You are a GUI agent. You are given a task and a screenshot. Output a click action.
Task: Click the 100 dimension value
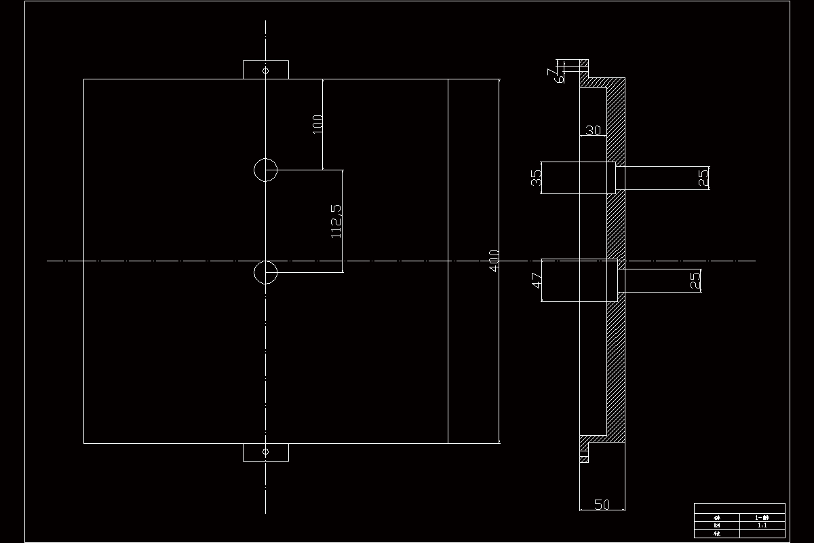pyautogui.click(x=317, y=124)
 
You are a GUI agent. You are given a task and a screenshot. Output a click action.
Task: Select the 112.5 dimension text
pyautogui.click(x=336, y=221)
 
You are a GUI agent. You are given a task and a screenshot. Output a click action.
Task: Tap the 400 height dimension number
pyautogui.click(x=495, y=261)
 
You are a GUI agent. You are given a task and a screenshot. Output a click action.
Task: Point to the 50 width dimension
pyautogui.click(x=602, y=504)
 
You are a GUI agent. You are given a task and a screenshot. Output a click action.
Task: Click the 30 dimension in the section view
pyautogui.click(x=593, y=130)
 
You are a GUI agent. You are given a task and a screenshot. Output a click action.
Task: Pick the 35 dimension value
pyautogui.click(x=537, y=178)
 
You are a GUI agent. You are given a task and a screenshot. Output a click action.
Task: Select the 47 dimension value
pyautogui.click(x=537, y=280)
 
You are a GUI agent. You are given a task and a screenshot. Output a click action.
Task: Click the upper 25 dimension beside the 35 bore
pyautogui.click(x=703, y=178)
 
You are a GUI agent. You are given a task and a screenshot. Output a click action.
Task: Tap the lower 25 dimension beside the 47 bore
pyautogui.click(x=695, y=280)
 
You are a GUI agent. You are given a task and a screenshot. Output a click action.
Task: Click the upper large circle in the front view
pyautogui.click(x=265, y=170)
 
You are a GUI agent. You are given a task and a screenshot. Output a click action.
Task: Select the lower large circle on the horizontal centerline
pyautogui.click(x=265, y=272)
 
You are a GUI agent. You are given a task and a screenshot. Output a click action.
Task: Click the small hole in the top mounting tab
pyautogui.click(x=266, y=69)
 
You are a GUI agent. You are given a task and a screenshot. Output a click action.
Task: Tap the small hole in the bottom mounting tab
pyautogui.click(x=266, y=451)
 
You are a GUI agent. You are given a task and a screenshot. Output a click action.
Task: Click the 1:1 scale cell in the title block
pyautogui.click(x=762, y=525)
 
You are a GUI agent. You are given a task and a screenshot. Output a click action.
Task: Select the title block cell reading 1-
pyautogui.click(x=762, y=517)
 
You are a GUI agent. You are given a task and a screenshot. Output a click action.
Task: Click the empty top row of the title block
pyautogui.click(x=739, y=508)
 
